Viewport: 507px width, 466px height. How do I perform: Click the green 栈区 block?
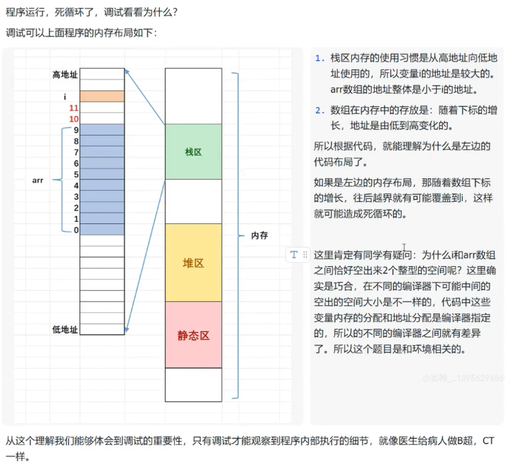(193, 152)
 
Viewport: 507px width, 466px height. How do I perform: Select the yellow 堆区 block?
(193, 263)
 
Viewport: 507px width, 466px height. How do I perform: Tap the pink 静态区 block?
(193, 335)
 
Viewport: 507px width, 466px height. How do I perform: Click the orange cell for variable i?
(102, 96)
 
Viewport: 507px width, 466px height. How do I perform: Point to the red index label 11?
(74, 108)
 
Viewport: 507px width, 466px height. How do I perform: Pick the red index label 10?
(74, 119)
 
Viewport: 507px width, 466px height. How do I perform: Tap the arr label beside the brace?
(38, 181)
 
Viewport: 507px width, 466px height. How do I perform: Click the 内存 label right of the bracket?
(259, 235)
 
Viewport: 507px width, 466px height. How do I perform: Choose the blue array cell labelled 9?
(102, 130)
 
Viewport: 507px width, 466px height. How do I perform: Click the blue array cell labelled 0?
(102, 229)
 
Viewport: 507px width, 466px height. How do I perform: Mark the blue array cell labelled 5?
(102, 174)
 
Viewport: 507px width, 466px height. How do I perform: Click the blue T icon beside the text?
(294, 255)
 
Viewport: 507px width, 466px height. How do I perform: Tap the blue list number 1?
(319, 58)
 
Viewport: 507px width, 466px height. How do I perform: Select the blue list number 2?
(319, 111)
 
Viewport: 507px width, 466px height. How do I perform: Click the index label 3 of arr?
(77, 197)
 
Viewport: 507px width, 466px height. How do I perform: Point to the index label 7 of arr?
(77, 152)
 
